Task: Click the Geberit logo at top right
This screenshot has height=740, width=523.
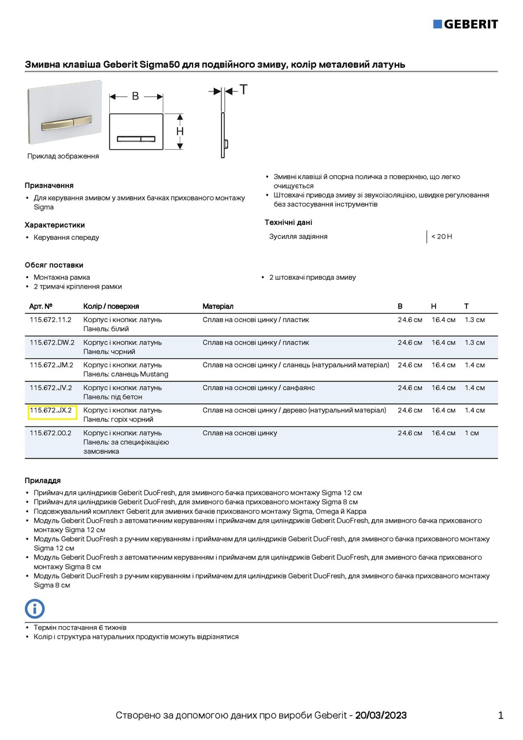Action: point(465,24)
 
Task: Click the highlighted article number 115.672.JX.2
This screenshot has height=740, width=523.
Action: point(51,410)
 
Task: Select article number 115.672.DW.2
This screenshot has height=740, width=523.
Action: point(52,342)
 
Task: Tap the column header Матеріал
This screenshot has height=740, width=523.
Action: point(218,306)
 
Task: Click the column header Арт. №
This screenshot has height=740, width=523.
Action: point(41,306)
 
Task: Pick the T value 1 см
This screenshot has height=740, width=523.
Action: point(472,433)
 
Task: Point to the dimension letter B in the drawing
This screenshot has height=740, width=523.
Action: point(135,96)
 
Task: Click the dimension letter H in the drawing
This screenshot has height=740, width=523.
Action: point(180,131)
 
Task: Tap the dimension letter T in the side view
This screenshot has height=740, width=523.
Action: point(243,90)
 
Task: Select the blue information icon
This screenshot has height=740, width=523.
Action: point(35,608)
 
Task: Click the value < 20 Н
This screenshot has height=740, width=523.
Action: point(442,236)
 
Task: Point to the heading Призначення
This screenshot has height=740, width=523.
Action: point(49,186)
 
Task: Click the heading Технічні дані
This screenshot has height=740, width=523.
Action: point(288,223)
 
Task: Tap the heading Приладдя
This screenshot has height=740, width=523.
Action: point(43,480)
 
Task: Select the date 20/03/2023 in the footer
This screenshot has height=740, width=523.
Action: point(381,715)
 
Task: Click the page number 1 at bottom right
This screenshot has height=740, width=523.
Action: point(500,715)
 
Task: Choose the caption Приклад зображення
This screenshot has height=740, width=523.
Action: point(63,156)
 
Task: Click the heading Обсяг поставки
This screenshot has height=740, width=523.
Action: point(54,265)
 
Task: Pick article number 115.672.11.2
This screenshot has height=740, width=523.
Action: point(50,320)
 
